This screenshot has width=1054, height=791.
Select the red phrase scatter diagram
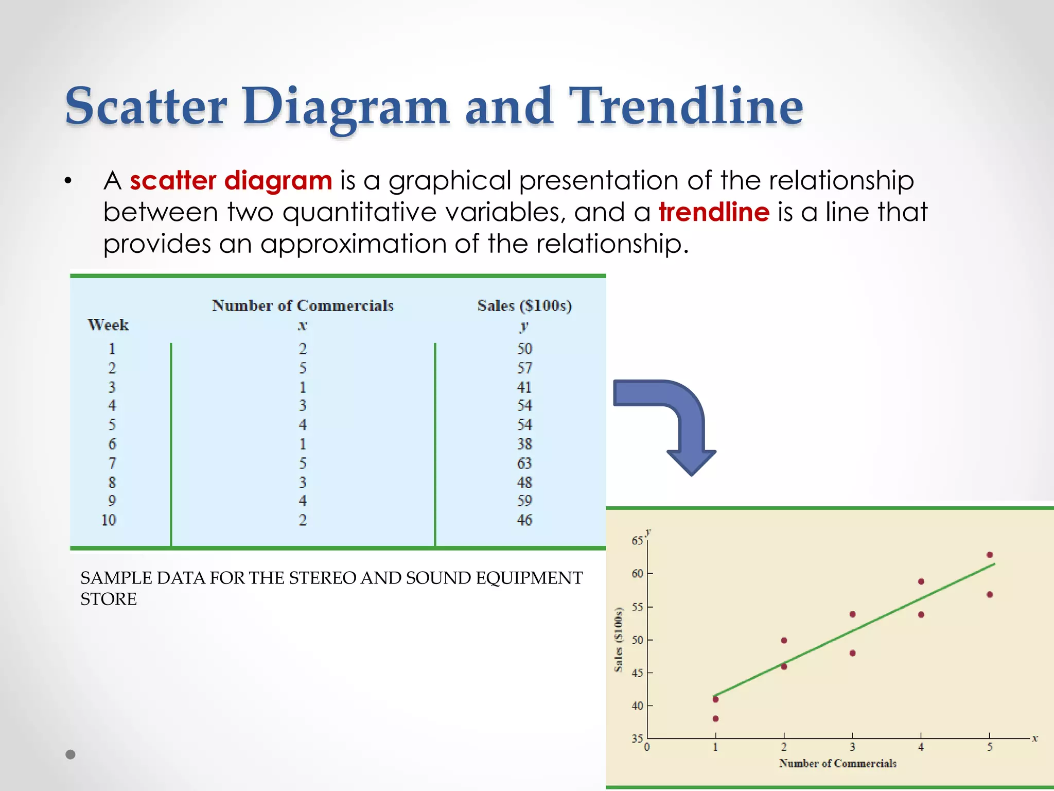click(x=231, y=181)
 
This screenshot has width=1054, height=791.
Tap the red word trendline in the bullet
click(x=714, y=212)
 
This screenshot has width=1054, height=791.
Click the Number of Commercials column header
click(x=303, y=305)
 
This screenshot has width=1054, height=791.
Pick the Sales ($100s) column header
click(x=524, y=305)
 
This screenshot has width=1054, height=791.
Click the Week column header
click(x=108, y=325)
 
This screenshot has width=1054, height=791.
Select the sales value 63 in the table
click(x=524, y=463)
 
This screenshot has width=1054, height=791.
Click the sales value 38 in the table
click(x=524, y=444)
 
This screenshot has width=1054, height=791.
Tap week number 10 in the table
click(x=109, y=520)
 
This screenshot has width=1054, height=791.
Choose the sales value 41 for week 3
click(x=524, y=387)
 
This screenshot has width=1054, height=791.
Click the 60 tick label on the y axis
click(x=637, y=574)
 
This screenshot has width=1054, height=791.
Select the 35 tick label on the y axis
click(x=637, y=738)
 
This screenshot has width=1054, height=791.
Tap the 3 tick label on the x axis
click(x=852, y=747)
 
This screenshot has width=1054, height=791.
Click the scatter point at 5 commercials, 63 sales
click(x=989, y=555)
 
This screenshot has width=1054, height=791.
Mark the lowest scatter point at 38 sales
click(x=715, y=718)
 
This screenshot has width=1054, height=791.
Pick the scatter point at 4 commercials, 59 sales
click(x=921, y=581)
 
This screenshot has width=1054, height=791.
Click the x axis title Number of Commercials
click(x=837, y=763)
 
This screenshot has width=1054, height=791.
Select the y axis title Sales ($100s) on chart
click(x=619, y=640)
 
